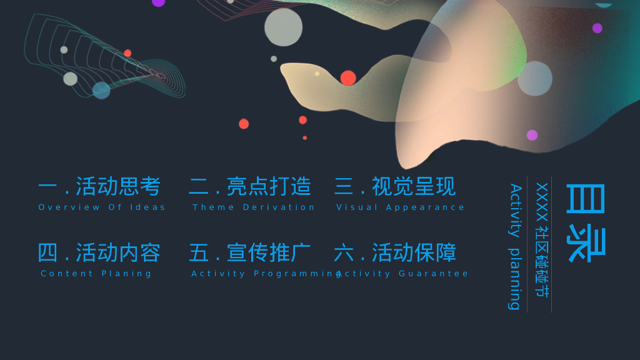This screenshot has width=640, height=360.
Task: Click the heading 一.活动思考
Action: pos(99,186)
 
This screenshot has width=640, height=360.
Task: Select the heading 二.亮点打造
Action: pos(250,186)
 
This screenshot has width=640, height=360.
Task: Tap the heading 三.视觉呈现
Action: pos(395,186)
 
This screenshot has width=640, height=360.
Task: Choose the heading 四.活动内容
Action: pos(99,252)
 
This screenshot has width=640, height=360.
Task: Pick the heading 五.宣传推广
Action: pos(250,252)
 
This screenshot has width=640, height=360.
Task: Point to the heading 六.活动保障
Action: pos(395,252)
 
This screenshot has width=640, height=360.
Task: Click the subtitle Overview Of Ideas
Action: pos(102,207)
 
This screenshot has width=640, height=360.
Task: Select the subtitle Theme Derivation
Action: pos(254,207)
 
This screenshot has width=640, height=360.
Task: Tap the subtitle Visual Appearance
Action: pos(401,207)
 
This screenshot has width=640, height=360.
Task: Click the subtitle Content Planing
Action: pos(96,274)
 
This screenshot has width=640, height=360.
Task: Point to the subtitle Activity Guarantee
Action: pos(402,274)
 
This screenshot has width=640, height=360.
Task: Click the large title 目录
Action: pos(585,223)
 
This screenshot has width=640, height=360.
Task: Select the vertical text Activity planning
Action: pos(516,246)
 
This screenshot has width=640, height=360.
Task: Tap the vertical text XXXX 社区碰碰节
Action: pos(542,240)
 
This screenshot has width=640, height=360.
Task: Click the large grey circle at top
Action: pos(283,27)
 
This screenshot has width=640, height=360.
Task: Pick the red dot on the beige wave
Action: pos(348,78)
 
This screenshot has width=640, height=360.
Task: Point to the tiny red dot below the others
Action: pos(305,138)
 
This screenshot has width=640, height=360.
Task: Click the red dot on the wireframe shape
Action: pos(127,53)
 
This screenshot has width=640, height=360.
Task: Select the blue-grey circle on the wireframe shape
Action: pos(101,90)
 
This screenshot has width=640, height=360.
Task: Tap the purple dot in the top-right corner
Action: pos(597,28)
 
